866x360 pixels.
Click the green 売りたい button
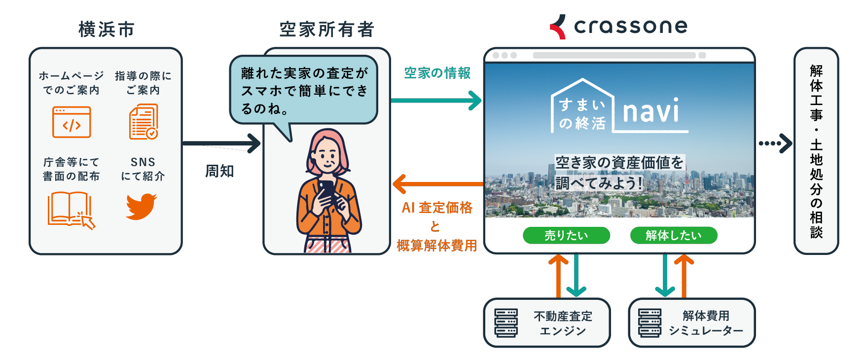[566, 236]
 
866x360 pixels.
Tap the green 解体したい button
[673, 236]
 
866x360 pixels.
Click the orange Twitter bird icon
[141, 206]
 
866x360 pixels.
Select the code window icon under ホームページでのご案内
[72, 122]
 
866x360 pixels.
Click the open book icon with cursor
[71, 210]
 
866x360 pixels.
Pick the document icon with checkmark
[144, 122]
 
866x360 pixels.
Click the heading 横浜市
[107, 30]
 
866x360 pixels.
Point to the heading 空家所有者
[327, 30]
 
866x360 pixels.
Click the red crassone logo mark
[558, 27]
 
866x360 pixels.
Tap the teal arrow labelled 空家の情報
[436, 101]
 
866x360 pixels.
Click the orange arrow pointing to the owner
[437, 184]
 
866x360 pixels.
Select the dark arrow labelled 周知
[221, 144]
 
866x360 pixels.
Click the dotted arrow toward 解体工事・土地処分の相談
[775, 144]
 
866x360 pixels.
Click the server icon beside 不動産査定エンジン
[506, 323]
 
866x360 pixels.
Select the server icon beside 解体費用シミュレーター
[649, 323]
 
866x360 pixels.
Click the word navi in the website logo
[650, 111]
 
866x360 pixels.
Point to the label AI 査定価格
[437, 208]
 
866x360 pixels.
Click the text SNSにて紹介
[143, 169]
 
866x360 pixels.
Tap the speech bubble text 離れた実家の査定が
[304, 73]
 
